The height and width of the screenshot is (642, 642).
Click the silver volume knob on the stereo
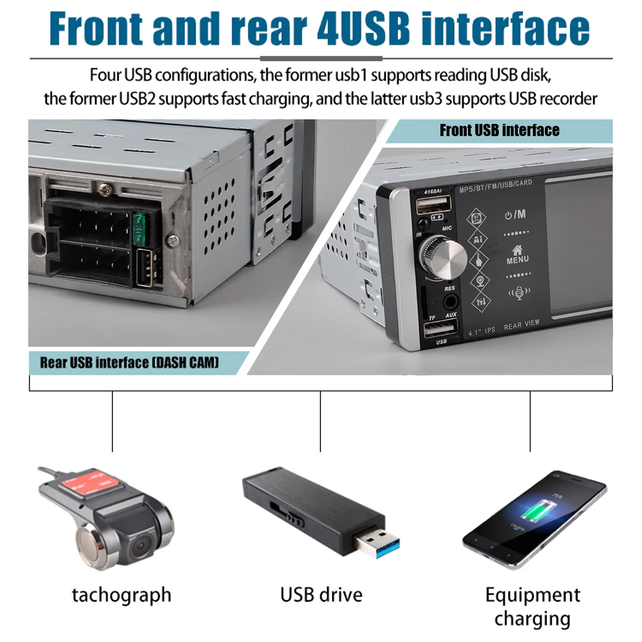[x=444, y=257]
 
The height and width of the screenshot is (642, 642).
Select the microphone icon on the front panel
[x=517, y=293]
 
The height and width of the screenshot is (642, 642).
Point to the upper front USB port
[x=433, y=206]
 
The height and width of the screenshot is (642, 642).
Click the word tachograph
[x=121, y=594]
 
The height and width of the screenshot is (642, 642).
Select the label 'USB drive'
[x=321, y=594]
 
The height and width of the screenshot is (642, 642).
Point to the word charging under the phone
[x=532, y=619]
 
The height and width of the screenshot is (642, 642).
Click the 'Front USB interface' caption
[x=499, y=131]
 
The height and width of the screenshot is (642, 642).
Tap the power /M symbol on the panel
[x=515, y=214]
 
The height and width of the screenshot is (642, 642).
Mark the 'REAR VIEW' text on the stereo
[x=521, y=325]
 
